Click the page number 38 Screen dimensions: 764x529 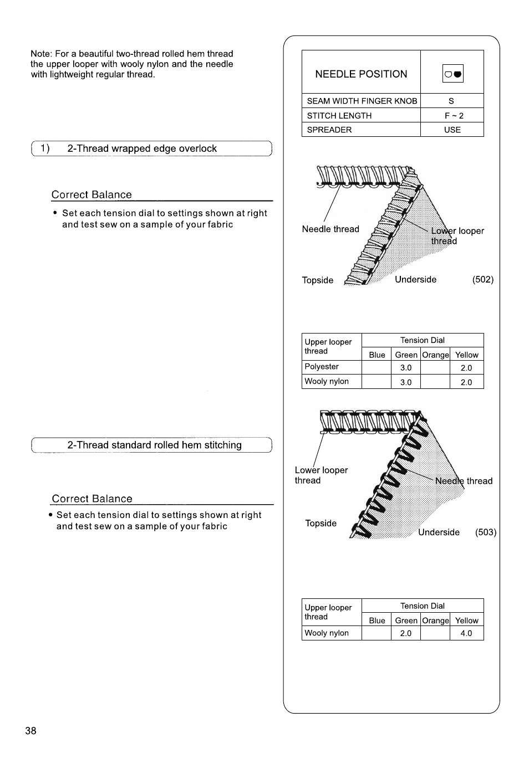coord(30,731)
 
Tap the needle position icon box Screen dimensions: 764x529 coord(452,73)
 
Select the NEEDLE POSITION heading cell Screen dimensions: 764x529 coord(361,74)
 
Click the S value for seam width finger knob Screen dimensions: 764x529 coord(451,101)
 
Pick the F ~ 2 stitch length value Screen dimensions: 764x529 coord(454,115)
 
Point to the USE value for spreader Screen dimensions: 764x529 coord(452,130)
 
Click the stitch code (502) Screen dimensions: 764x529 coord(482,279)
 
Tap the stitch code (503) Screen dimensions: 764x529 coord(485,532)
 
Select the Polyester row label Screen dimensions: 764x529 coord(322,366)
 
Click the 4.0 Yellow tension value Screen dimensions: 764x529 coord(466,633)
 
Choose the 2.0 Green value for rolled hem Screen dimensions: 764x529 coord(406,633)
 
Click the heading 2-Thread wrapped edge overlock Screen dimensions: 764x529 coord(142,148)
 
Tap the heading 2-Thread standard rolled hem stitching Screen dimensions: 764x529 coord(154,445)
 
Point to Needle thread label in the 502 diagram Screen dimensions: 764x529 coord(330,229)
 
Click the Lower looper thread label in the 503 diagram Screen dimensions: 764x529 coord(321,475)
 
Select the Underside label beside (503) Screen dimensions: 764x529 coord(439,532)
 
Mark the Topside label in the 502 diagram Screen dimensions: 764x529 coord(318,280)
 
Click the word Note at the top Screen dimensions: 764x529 coord(40,54)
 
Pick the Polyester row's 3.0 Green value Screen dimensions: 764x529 coord(406,367)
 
